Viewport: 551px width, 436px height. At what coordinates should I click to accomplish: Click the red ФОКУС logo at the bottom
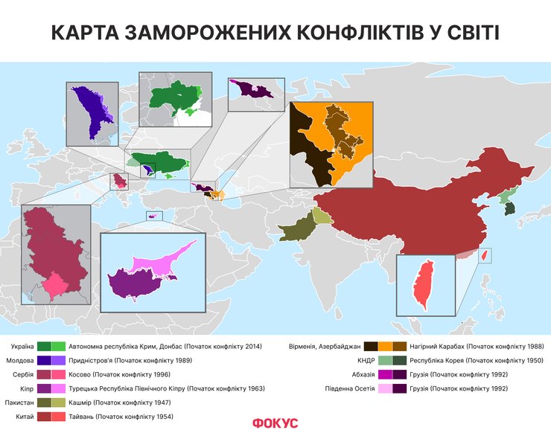275,423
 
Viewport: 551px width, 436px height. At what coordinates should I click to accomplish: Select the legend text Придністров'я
91,360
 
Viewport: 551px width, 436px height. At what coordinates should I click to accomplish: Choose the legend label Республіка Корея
448,360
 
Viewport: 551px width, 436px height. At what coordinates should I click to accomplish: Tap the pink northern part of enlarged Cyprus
164,260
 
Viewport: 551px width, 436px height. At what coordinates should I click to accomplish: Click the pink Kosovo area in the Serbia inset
56,283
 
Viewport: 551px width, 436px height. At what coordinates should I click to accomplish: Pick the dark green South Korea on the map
509,210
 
